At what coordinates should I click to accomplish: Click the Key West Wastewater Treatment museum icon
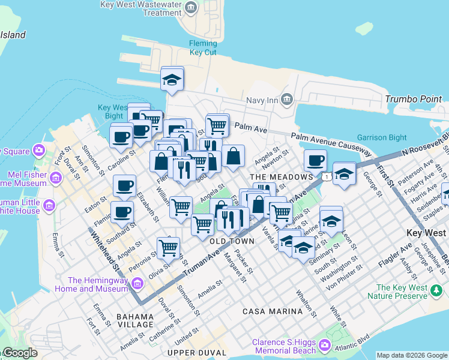click(x=191, y=8)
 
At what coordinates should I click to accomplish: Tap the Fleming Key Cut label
click(x=203, y=48)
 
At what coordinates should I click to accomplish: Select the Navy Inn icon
click(x=286, y=98)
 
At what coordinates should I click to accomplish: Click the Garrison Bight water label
click(x=382, y=137)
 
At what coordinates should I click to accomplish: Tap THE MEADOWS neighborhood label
click(x=281, y=177)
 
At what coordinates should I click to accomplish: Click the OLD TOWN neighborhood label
click(x=232, y=241)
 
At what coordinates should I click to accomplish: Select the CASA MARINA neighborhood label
click(x=273, y=311)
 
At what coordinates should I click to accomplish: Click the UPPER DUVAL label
click(x=197, y=352)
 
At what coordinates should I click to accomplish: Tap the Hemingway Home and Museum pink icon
click(x=137, y=283)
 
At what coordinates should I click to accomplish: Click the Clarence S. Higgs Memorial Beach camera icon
click(x=325, y=345)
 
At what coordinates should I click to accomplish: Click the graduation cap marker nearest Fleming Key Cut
click(x=172, y=80)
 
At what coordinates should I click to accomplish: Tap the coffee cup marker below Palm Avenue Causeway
click(x=315, y=161)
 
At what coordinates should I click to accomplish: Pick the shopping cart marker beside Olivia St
click(x=168, y=247)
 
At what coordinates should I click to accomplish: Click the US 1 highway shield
click(x=325, y=176)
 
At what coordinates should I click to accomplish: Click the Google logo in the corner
click(x=19, y=353)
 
